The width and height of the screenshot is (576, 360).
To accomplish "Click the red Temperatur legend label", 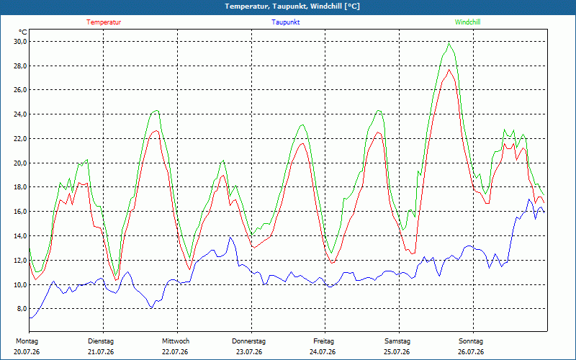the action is (104, 22).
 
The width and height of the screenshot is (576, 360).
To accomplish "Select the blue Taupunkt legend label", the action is (285, 22).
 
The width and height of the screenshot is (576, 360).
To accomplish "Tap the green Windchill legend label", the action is (467, 22).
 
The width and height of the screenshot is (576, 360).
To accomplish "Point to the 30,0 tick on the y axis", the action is (21, 42).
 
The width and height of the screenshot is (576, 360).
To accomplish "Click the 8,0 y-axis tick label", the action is (22, 309).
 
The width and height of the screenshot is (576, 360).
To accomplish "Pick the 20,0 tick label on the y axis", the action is (21, 163).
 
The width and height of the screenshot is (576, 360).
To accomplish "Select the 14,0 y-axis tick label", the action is (21, 236).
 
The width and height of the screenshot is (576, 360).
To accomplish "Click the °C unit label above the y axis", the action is (23, 32).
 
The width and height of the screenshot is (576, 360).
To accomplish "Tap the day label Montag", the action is (27, 341).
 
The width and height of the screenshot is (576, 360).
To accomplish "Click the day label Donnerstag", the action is (248, 341).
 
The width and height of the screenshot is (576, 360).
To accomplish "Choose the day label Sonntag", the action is (471, 341).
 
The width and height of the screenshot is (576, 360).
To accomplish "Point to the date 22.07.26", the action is (175, 352).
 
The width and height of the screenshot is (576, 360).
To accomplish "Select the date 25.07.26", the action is (397, 352).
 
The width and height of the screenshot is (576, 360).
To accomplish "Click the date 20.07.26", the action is (27, 352).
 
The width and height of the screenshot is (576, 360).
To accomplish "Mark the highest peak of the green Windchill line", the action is (449, 43).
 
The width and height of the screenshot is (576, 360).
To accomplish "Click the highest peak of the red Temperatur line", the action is (449, 69).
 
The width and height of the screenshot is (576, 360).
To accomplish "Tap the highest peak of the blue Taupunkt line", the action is (529, 199).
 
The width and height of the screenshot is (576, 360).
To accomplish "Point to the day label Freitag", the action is (323, 341).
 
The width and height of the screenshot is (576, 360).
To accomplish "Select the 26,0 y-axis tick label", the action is (21, 90).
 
